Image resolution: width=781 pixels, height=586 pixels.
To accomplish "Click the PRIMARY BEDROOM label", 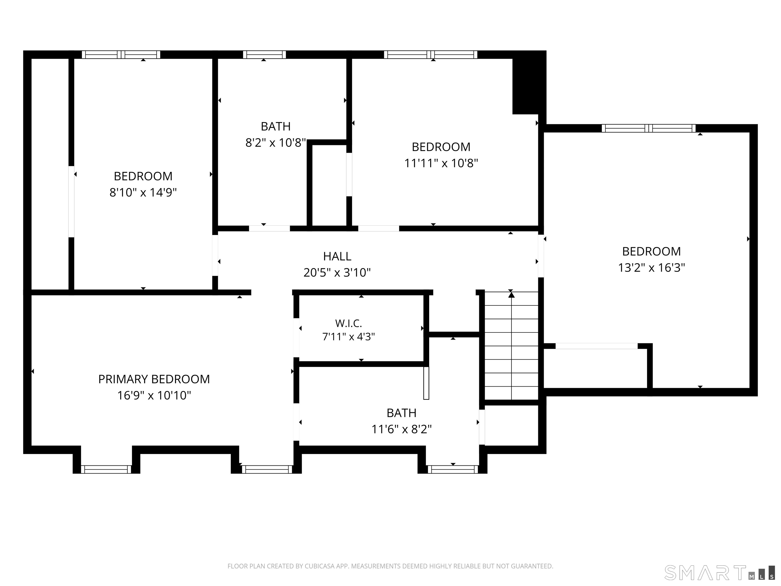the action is (x=154, y=379).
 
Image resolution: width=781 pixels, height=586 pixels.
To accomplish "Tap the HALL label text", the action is (x=337, y=256).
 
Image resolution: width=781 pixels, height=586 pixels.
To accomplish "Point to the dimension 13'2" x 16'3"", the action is (x=651, y=268).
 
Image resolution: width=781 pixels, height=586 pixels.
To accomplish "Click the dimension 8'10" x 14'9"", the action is (x=143, y=193).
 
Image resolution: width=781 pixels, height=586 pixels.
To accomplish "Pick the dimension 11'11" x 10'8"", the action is (x=441, y=163).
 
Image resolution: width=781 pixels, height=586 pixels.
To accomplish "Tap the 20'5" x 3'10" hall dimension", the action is (x=337, y=273).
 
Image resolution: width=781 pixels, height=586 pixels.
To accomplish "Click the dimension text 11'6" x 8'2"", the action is (x=401, y=429).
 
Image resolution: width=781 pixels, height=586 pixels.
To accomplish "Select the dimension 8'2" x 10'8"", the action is (x=275, y=143).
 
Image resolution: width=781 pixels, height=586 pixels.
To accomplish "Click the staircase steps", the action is (x=511, y=345).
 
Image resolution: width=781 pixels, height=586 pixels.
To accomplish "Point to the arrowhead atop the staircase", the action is (x=511, y=294).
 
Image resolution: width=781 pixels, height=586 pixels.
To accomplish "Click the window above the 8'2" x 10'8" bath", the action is (x=264, y=54).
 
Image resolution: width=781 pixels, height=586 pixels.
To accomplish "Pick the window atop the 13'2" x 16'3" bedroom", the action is (x=649, y=128).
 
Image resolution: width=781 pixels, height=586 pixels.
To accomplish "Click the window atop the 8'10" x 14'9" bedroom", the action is (x=121, y=54).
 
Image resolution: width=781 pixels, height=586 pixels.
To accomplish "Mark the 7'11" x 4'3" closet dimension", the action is (x=349, y=337).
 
